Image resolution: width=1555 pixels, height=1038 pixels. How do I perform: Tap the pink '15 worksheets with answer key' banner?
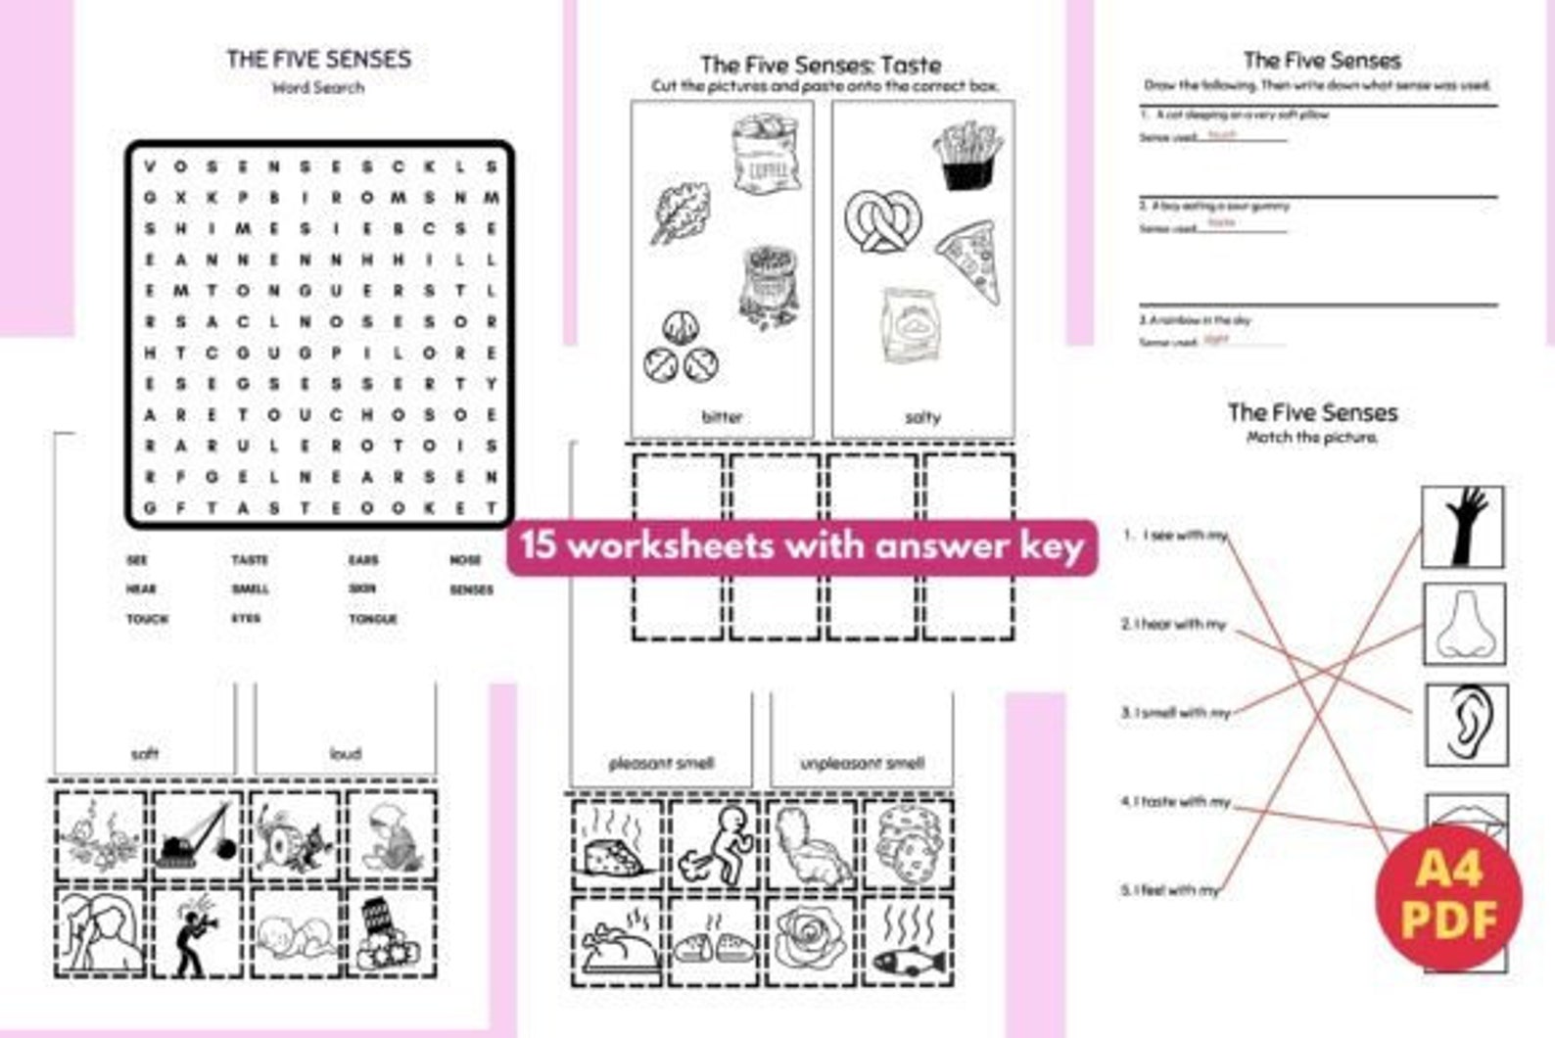pyautogui.click(x=802, y=545)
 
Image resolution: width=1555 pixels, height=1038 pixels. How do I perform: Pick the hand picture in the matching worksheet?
pyautogui.click(x=1463, y=527)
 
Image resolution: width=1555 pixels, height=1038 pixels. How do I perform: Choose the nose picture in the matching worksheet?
pyautogui.click(x=1463, y=624)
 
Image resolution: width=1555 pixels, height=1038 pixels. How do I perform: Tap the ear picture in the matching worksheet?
pyautogui.click(x=1465, y=724)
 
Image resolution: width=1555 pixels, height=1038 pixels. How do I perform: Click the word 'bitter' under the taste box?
pyautogui.click(x=722, y=417)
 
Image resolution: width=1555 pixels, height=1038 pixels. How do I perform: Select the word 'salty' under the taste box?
pyautogui.click(x=922, y=417)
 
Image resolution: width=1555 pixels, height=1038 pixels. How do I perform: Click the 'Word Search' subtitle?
pyautogui.click(x=318, y=88)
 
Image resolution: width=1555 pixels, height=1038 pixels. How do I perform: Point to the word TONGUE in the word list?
pyautogui.click(x=373, y=619)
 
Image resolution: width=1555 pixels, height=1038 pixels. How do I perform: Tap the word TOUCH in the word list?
pyautogui.click(x=147, y=619)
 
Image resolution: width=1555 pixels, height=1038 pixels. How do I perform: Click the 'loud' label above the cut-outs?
pyautogui.click(x=345, y=753)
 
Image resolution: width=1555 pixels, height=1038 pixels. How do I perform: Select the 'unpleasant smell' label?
pyautogui.click(x=862, y=763)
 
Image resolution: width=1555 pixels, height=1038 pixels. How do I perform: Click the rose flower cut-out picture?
pyautogui.click(x=810, y=940)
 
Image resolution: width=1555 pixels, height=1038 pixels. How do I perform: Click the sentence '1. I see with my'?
pyautogui.click(x=1175, y=536)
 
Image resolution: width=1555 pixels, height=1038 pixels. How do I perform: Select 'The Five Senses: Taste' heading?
pyautogui.click(x=821, y=66)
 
